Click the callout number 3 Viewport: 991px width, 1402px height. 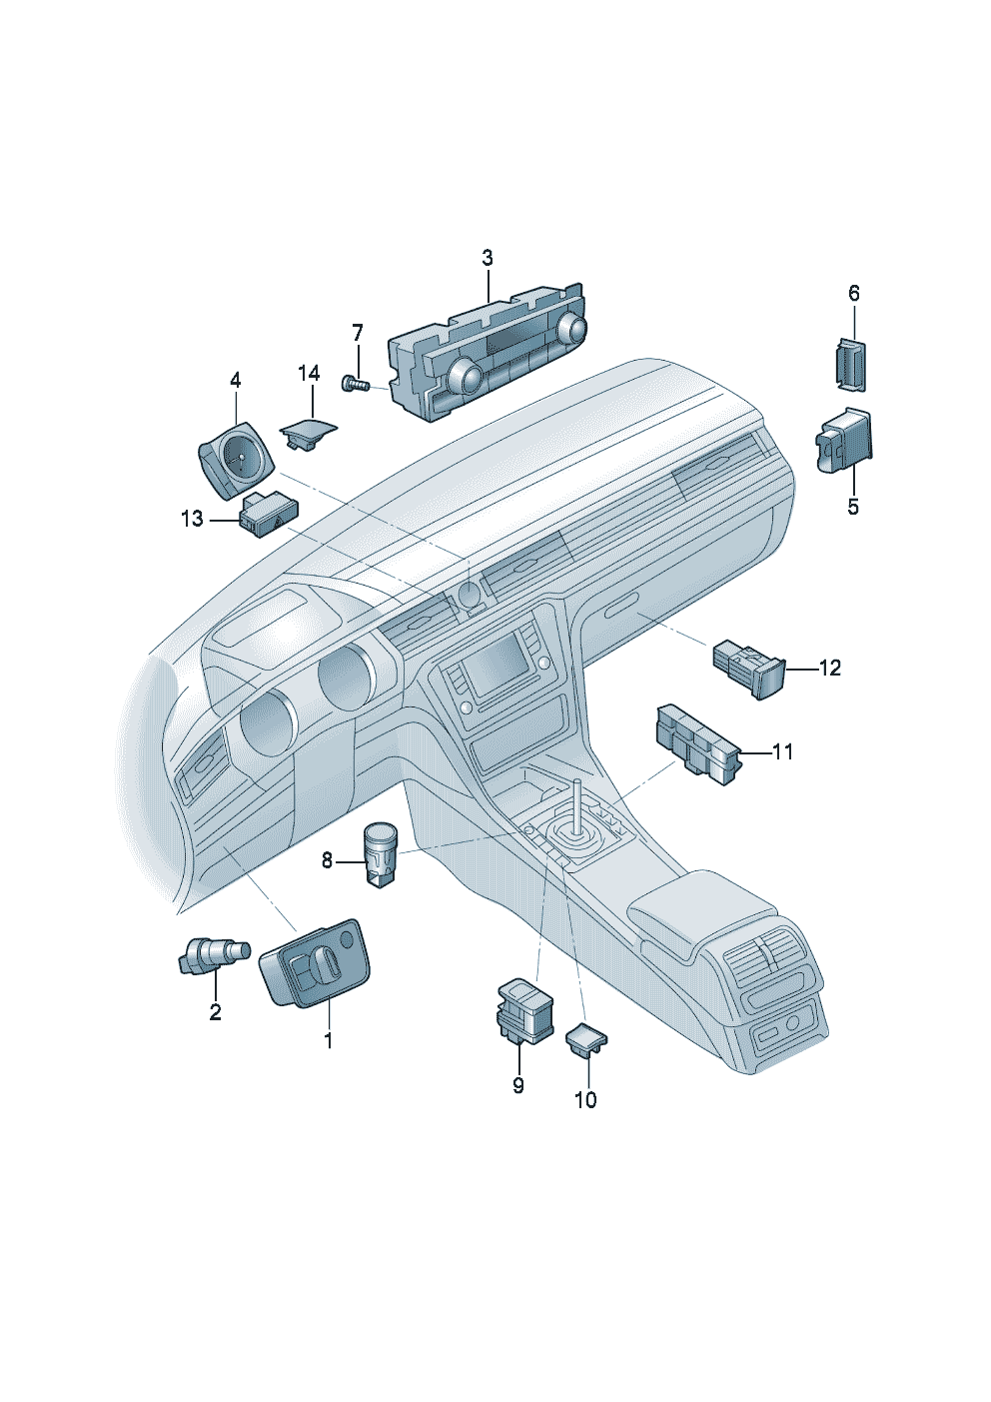pos(488,258)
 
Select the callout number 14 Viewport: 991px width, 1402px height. pos(309,373)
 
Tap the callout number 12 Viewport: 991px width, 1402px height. pos(829,668)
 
